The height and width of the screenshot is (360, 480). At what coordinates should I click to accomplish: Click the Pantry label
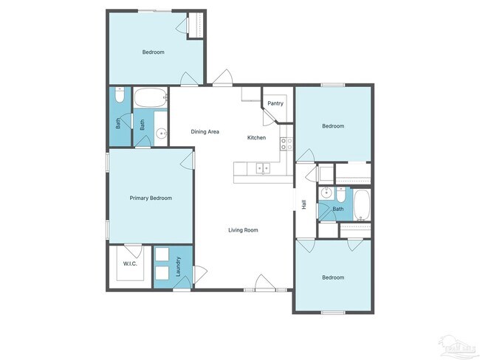click(275, 103)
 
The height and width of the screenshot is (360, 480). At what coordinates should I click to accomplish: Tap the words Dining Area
click(205, 132)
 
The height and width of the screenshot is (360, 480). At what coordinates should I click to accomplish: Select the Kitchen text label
click(256, 138)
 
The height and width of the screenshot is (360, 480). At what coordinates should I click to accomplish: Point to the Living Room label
click(243, 230)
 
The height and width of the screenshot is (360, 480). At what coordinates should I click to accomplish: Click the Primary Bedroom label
click(151, 198)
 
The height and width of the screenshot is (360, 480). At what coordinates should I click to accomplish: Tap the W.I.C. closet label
click(130, 263)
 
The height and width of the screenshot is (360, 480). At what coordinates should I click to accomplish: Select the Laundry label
click(179, 266)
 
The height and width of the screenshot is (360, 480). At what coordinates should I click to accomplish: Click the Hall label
click(304, 204)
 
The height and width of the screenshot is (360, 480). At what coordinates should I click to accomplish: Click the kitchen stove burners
click(286, 143)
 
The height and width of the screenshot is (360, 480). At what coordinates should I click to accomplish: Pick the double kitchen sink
click(263, 168)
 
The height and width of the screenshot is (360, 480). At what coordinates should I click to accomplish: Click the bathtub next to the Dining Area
click(151, 97)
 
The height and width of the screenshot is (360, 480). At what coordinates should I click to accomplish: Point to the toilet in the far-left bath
click(120, 95)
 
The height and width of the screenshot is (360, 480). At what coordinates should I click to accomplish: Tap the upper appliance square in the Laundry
click(162, 255)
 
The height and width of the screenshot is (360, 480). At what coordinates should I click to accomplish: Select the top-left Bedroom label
click(153, 52)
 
